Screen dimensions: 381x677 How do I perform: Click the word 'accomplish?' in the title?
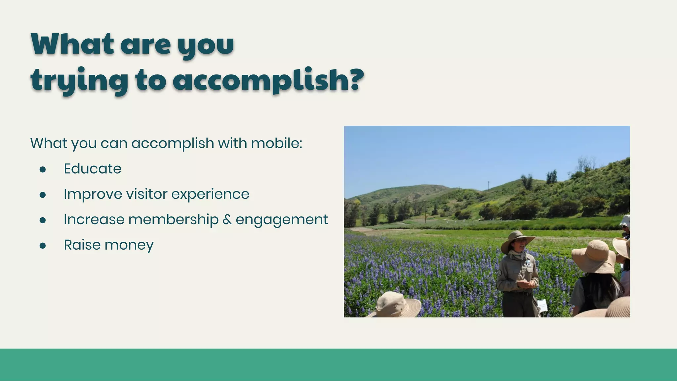pos(268,80)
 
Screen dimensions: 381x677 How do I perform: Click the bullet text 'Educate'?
pos(93,169)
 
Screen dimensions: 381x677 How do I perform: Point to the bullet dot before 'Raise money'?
pos(42,245)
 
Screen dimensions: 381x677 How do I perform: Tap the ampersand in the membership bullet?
pos(227,220)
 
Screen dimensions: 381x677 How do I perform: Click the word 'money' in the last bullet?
pos(129,245)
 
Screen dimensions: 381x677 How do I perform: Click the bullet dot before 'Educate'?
pos(42,169)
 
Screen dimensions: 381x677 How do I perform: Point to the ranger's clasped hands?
pos(526,284)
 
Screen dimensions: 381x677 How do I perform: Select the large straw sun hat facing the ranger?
pos(594,256)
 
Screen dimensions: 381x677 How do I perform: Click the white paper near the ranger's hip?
pos(542,305)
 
